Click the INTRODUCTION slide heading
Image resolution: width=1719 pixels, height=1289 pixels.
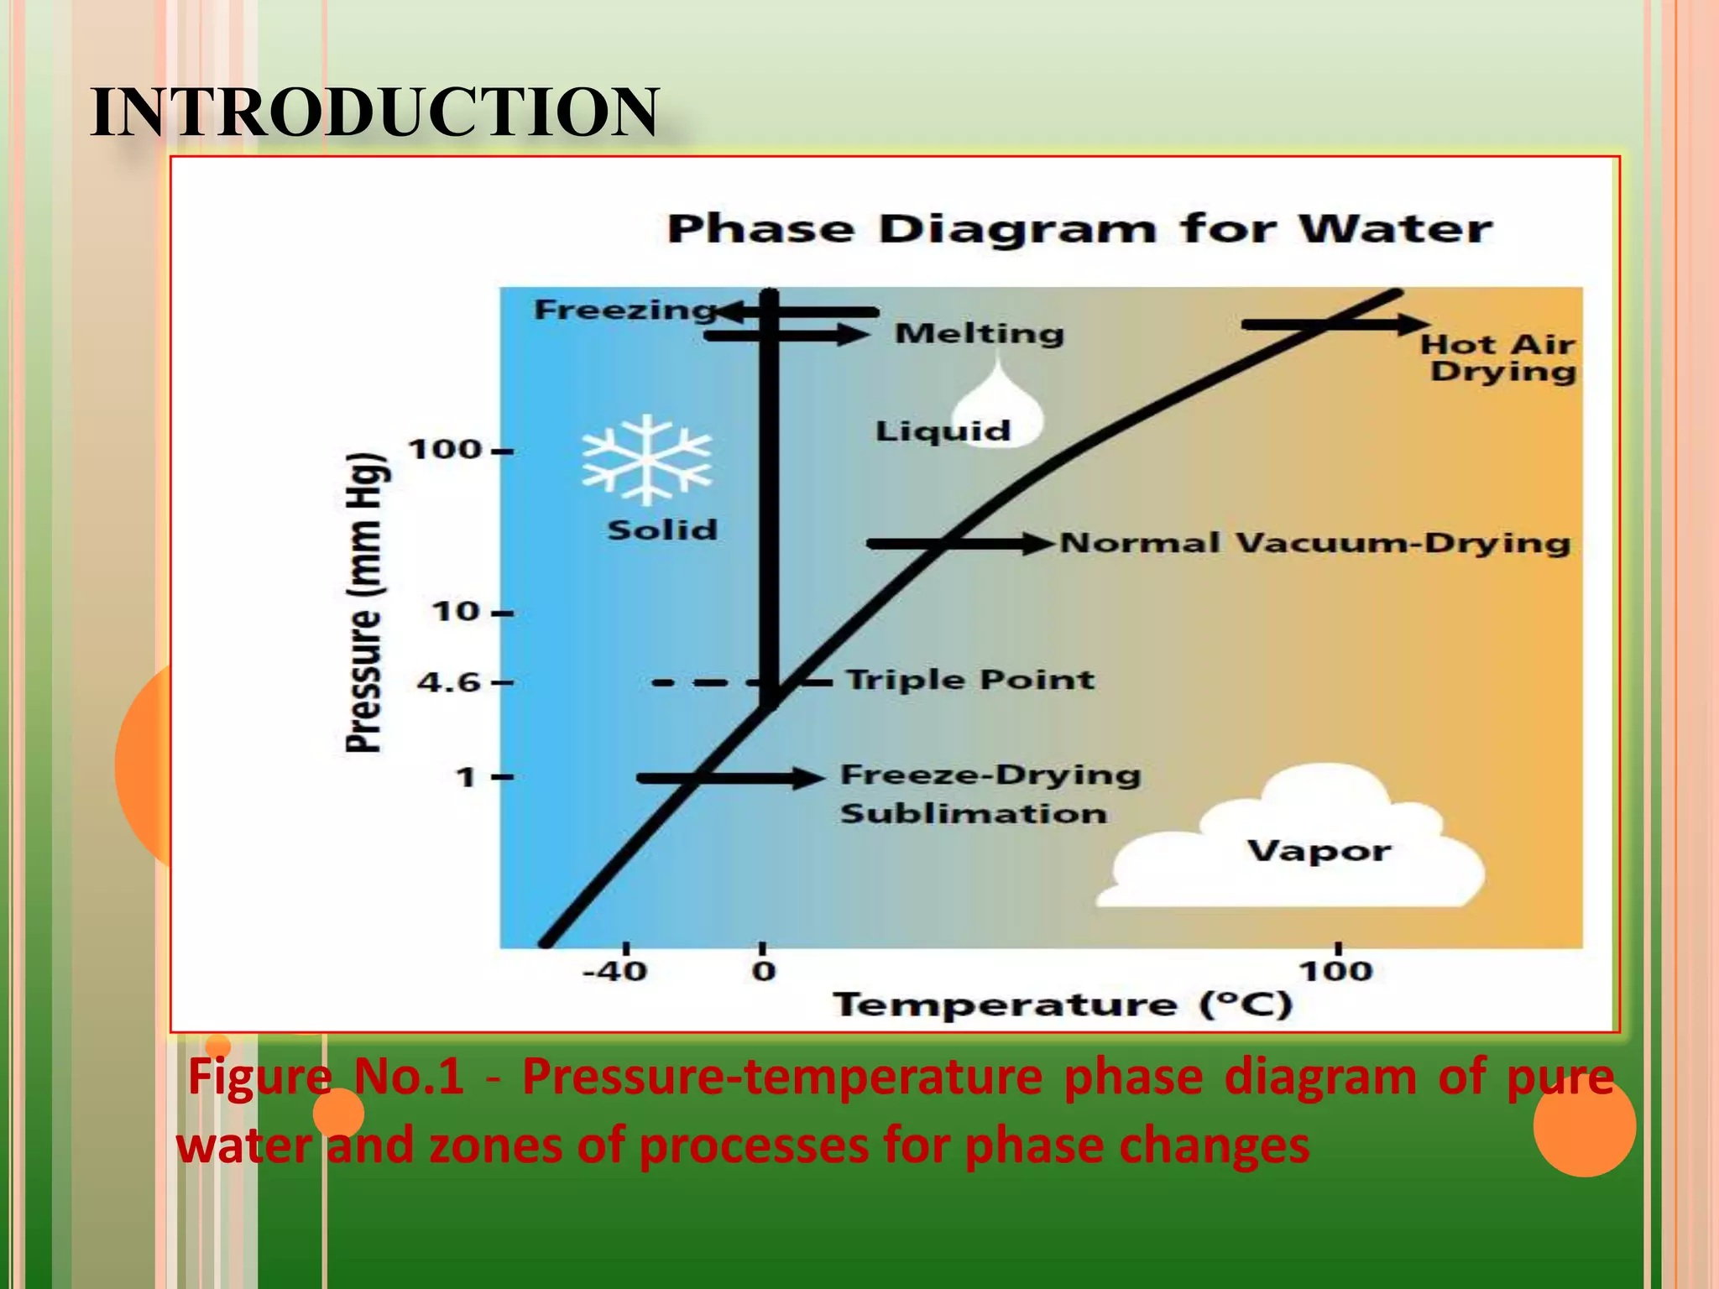coord(374,112)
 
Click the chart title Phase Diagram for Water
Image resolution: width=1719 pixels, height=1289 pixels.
coord(1079,229)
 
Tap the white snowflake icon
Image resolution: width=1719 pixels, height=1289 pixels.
coord(646,459)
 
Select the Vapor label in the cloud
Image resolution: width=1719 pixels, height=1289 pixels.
coord(1319,851)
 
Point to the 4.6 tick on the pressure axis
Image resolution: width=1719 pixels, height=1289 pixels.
coord(449,682)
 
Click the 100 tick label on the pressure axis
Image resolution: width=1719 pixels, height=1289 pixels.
coord(446,450)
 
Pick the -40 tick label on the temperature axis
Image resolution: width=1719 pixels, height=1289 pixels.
coord(615,972)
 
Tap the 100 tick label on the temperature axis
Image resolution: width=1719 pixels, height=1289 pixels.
coord(1335,972)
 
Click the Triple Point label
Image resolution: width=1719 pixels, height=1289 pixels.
coord(969,679)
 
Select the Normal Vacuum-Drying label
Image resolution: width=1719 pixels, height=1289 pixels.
coord(1314,543)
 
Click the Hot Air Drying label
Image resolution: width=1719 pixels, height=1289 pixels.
coord(1498,357)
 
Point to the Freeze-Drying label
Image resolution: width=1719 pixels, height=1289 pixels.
coord(990,775)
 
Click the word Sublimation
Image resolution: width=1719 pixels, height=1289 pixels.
coord(974,813)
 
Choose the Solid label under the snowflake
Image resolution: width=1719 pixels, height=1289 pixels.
coord(662,530)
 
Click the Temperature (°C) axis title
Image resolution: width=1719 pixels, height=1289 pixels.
coord(1063,1005)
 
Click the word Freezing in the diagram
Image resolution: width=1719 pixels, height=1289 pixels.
coord(624,310)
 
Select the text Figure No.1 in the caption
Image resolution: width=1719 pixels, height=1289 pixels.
coord(326,1077)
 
